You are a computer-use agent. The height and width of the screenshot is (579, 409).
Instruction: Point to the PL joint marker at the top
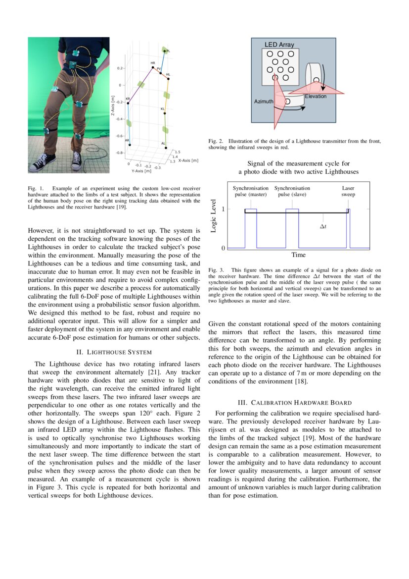click(165, 51)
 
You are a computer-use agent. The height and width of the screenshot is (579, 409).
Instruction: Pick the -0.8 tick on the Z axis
click(119, 153)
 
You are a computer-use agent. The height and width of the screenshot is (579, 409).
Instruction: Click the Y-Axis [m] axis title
click(141, 171)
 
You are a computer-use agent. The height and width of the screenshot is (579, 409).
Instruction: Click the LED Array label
click(279, 45)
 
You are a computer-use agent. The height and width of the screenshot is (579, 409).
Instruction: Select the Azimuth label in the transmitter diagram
click(263, 101)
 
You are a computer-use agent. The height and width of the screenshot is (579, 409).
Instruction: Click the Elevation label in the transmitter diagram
click(316, 96)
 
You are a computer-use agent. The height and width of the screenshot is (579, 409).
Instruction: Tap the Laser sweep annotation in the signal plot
click(348, 191)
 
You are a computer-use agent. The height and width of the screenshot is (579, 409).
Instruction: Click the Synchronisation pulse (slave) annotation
click(292, 191)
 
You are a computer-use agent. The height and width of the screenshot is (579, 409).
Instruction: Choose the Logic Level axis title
click(214, 215)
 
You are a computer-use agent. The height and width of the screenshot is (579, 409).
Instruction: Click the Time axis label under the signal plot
click(298, 255)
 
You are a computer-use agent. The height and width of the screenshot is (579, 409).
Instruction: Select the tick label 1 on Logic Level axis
click(223, 210)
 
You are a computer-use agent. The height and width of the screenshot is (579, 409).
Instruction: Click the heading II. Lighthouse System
click(114, 352)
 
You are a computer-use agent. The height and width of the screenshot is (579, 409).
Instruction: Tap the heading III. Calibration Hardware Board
click(295, 402)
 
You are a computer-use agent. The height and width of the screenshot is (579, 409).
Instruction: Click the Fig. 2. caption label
click(216, 141)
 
